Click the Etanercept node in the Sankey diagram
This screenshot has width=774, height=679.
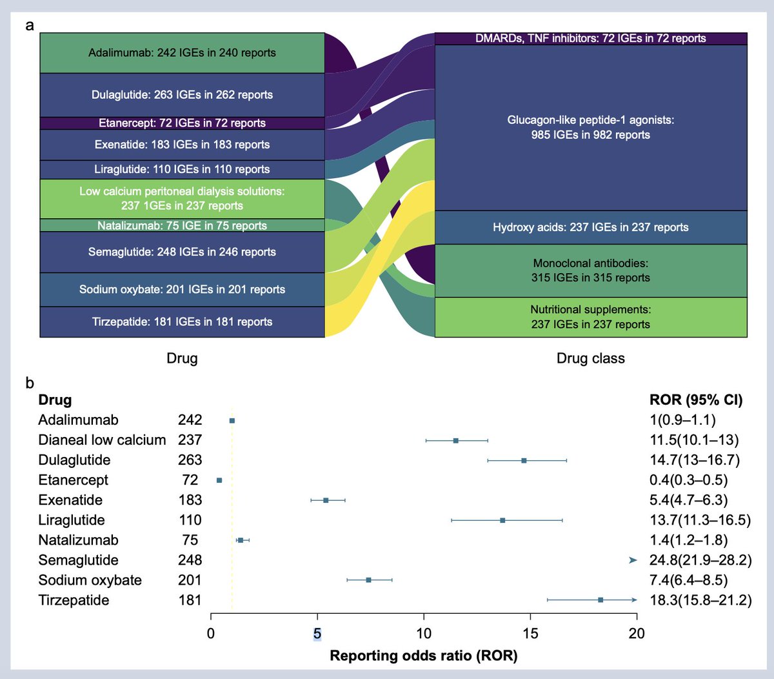182,123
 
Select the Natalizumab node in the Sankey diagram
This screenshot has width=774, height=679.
182,225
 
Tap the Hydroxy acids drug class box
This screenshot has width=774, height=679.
590,227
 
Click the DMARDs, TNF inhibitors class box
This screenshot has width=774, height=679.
590,39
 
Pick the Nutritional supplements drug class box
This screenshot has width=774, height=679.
590,318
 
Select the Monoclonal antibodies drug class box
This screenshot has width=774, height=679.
590,270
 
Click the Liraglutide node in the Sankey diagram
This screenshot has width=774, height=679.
182,169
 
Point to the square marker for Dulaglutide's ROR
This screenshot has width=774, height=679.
524,460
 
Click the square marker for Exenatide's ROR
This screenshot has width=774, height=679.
326,500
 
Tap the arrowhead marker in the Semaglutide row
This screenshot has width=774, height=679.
633,560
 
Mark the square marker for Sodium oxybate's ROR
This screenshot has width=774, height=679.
368,580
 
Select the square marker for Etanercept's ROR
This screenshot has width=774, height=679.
219,480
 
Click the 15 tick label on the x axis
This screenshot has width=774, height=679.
530,633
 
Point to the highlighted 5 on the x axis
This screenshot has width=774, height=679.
317,633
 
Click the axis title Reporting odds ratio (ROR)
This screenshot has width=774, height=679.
423,656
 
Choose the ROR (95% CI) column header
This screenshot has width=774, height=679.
696,400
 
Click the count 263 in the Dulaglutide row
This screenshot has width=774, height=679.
190,460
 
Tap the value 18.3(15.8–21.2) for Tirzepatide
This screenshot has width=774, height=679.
700,600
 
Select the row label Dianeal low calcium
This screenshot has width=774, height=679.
102,440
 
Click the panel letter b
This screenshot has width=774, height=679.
30,383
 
